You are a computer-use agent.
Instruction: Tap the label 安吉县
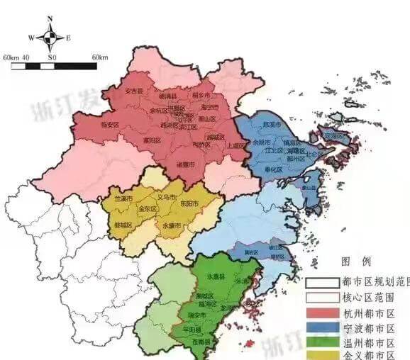click(133, 91)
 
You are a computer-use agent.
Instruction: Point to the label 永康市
click(172, 225)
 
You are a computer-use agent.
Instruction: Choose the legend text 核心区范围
click(369, 298)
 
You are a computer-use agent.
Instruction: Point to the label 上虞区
click(236, 145)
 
